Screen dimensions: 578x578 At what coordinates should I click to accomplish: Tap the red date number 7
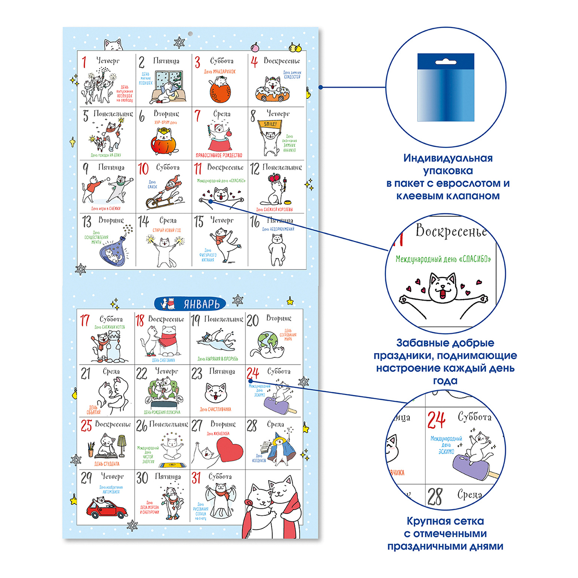[x=197, y=116]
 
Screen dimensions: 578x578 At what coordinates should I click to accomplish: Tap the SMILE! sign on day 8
[x=271, y=124]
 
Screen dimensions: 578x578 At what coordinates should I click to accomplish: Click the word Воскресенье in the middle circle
[x=451, y=231]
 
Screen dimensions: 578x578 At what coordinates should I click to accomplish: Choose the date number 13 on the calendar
[x=87, y=222]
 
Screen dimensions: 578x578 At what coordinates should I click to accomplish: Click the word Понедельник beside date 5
[x=113, y=114]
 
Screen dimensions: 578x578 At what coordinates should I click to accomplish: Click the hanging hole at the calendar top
[x=190, y=34]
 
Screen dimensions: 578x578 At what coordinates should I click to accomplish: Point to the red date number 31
[x=196, y=478]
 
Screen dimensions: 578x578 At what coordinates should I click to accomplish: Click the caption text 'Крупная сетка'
[x=445, y=521]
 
